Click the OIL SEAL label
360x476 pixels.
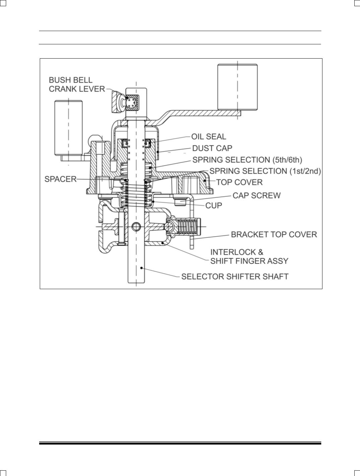point(209,137)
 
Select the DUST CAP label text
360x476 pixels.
point(212,148)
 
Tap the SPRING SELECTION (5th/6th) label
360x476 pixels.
point(247,160)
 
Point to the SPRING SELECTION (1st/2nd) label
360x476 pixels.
point(265,171)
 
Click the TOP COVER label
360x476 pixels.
point(239,182)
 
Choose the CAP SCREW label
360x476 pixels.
point(257,195)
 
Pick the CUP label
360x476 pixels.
point(214,206)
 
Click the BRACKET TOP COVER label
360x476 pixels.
point(274,234)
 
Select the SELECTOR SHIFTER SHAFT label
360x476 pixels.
point(235,276)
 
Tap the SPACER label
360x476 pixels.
point(61,179)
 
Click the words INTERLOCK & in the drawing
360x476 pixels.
point(237,252)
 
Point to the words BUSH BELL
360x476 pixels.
point(71,80)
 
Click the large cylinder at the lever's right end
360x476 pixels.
point(237,87)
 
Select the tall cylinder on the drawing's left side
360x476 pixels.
point(69,128)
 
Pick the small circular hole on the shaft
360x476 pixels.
point(136,227)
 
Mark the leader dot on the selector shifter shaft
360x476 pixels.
point(141,268)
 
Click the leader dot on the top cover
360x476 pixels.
point(205,180)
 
